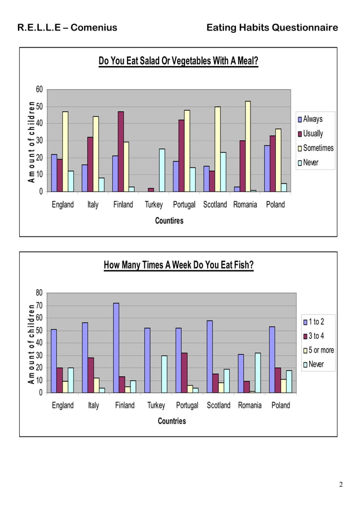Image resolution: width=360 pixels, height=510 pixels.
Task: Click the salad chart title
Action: click(178, 61)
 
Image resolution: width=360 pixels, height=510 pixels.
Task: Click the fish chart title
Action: click(178, 265)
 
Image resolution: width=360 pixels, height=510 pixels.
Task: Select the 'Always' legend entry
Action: click(313, 119)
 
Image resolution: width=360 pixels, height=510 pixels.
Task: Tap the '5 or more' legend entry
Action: click(320, 350)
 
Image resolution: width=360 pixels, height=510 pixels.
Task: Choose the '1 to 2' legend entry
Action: click(316, 322)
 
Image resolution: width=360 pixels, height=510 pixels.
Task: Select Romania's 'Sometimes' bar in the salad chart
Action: click(248, 146)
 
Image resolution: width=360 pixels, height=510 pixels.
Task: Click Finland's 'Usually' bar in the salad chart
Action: click(121, 151)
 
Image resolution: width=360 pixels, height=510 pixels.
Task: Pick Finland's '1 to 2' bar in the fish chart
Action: click(116, 347)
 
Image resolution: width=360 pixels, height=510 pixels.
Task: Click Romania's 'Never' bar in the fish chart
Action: click(258, 373)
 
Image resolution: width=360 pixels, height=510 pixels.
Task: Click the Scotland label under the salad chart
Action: click(214, 204)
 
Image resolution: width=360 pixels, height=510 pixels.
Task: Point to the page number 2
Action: click(341, 485)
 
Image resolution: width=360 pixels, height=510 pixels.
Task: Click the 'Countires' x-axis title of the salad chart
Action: click(169, 221)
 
